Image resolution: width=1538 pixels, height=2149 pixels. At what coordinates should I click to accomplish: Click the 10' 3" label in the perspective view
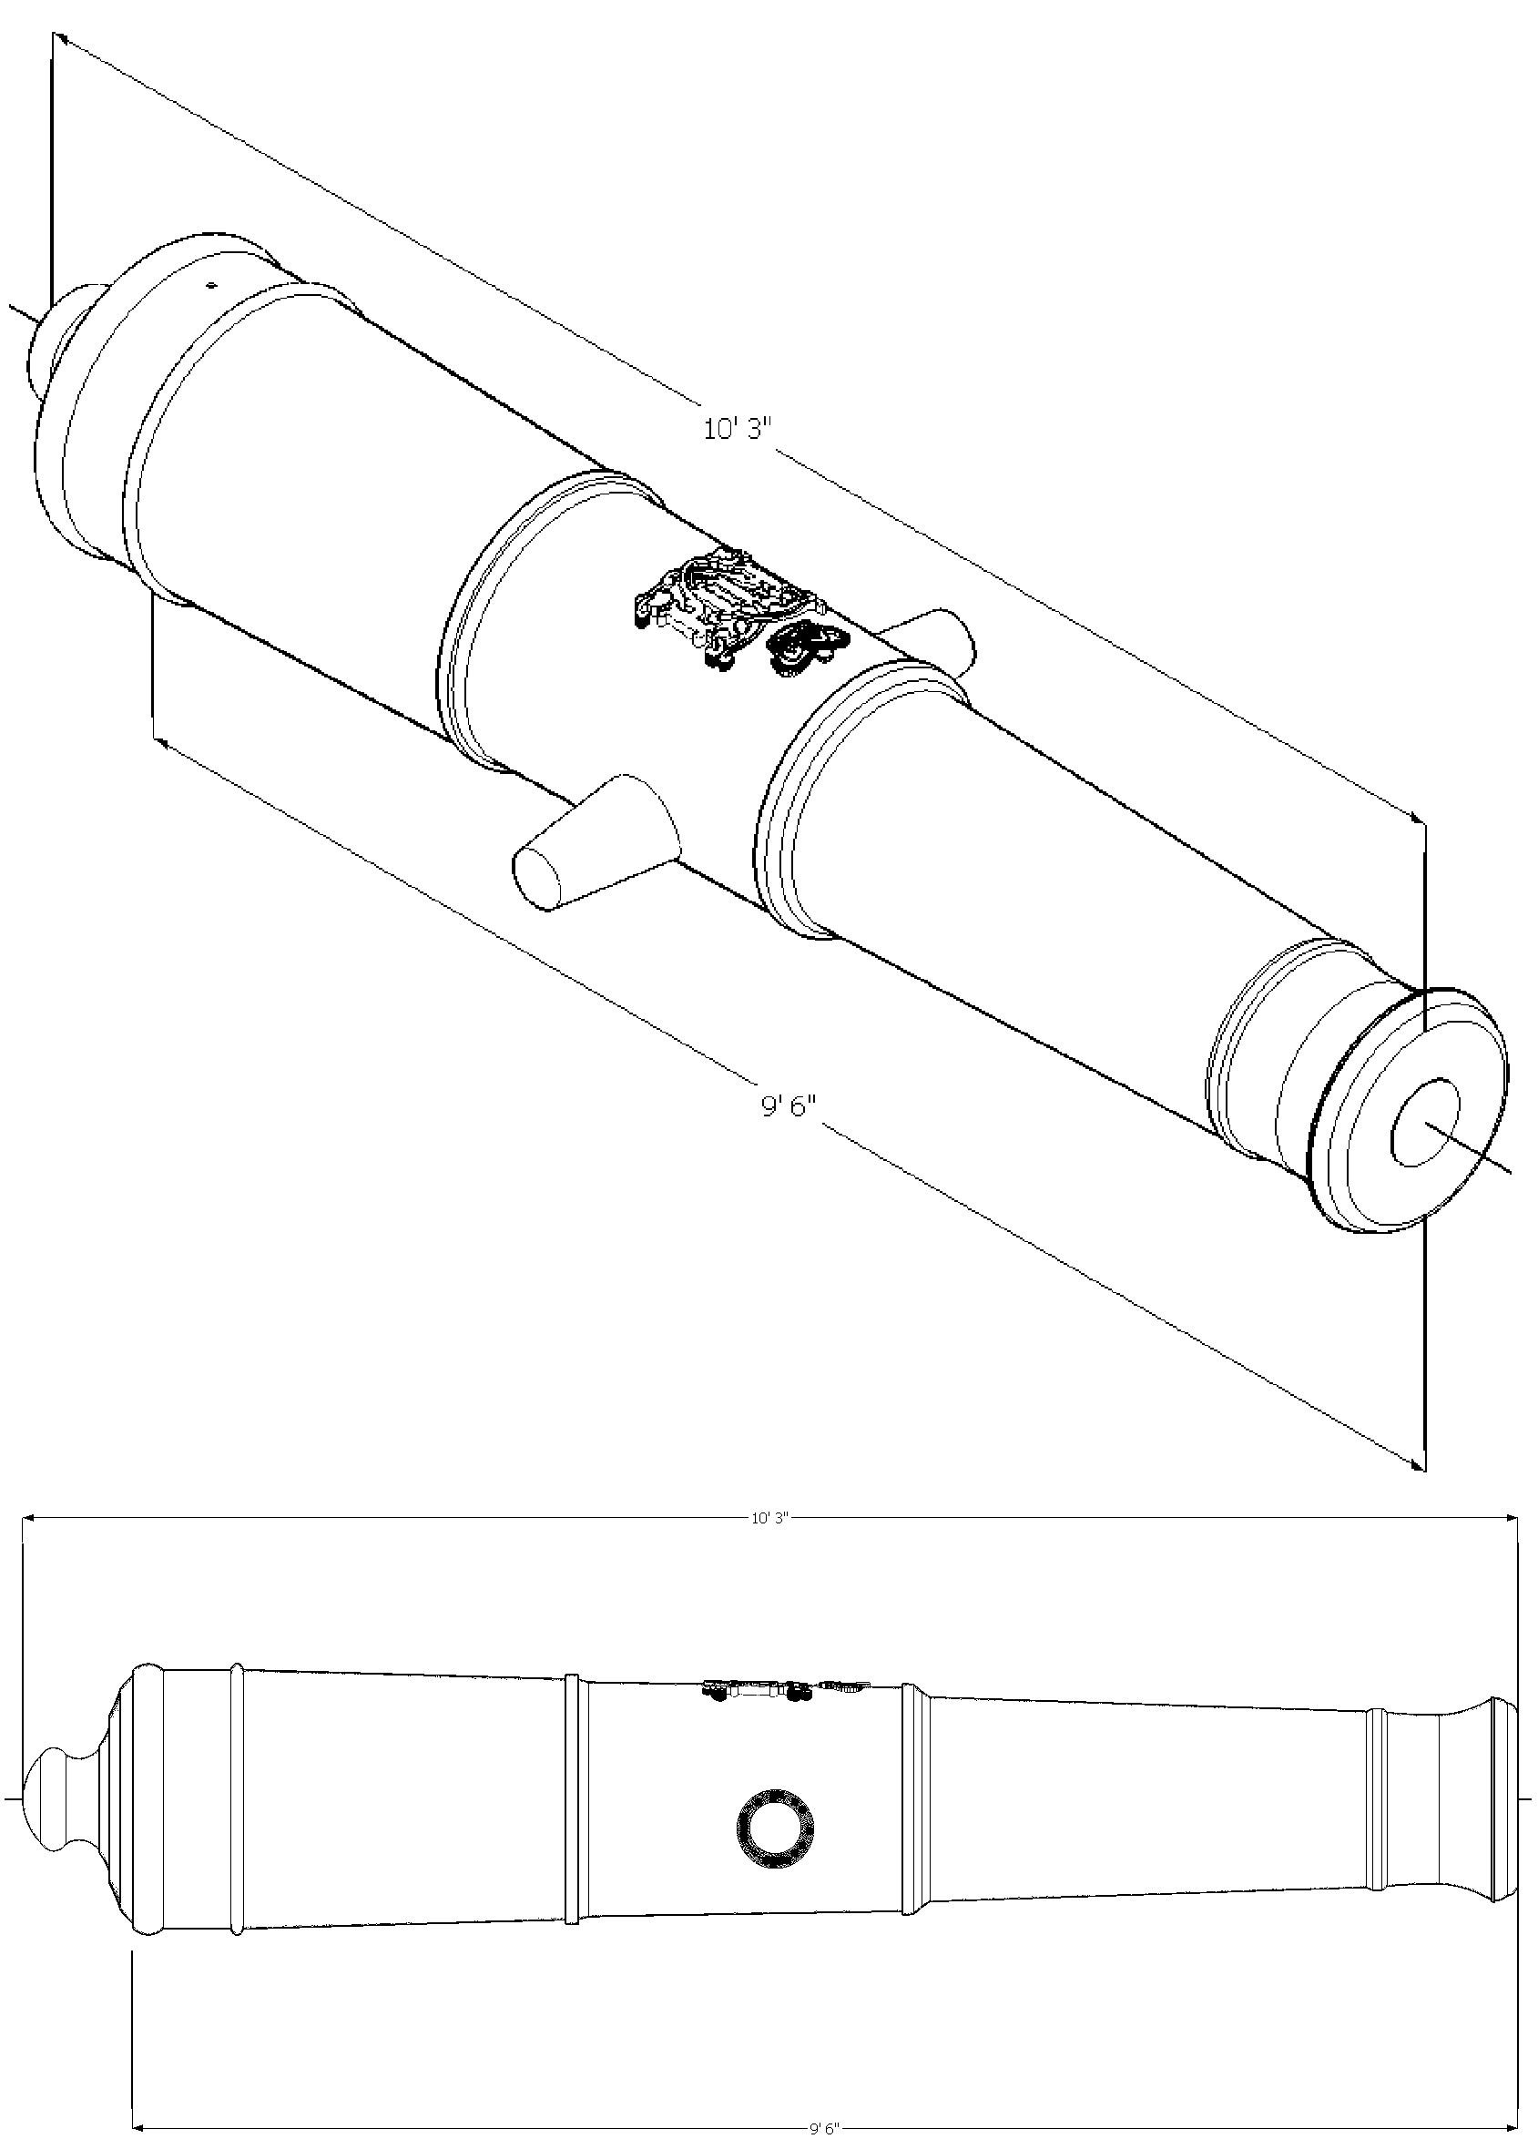(x=738, y=428)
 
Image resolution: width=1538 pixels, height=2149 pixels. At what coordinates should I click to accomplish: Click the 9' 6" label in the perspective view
(x=789, y=1105)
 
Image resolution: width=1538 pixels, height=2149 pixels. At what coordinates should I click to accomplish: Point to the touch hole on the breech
(x=211, y=283)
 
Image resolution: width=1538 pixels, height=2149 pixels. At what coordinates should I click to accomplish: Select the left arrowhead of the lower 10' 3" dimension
(x=29, y=1517)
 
